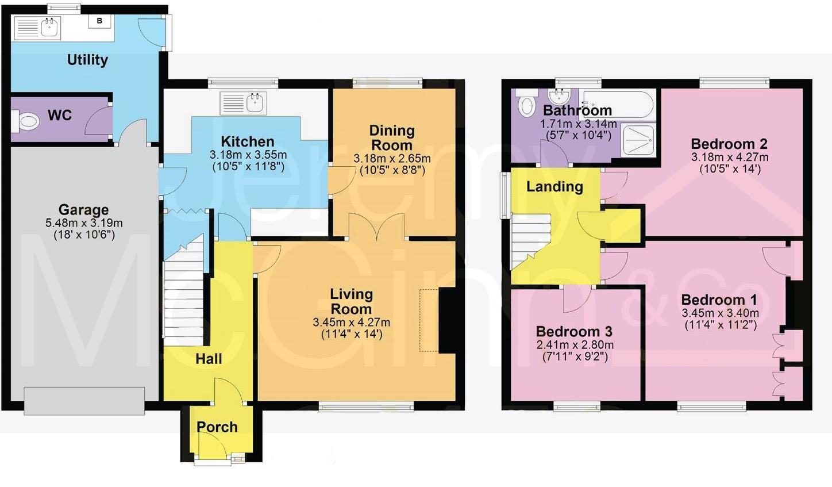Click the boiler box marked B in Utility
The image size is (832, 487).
pos(99,21)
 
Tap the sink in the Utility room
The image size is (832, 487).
pos(50,27)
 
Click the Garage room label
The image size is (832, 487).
pos(83,210)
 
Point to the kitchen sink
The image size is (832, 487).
pos(255,103)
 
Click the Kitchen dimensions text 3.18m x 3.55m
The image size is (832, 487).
pos(248,155)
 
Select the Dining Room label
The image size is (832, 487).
pos(391,138)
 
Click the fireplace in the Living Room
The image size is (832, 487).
pos(446,320)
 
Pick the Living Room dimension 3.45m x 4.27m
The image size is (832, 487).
pos(351,323)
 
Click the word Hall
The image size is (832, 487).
pos(209,359)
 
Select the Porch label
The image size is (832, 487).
pos(217,427)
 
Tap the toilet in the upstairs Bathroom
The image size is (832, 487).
pos(525,106)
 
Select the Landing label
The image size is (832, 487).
pos(554,187)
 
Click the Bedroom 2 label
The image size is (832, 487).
pos(729,144)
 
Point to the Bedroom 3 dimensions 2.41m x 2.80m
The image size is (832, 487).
pos(575,345)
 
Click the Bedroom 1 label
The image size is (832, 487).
pos(719,300)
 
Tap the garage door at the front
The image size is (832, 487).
pos(84,401)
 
